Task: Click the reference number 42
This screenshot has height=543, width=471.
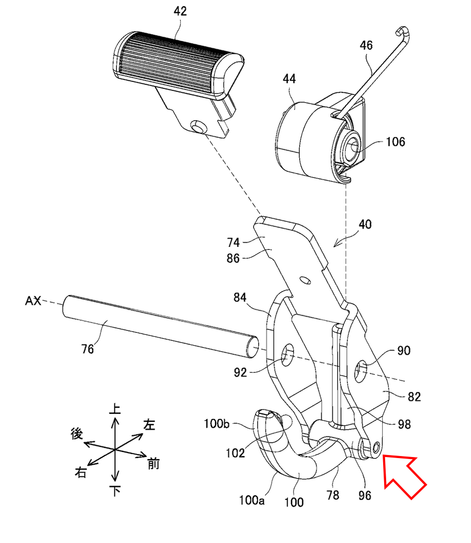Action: tap(180, 11)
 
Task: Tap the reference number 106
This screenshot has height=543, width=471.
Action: tap(395, 142)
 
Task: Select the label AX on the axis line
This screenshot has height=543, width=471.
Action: tap(33, 301)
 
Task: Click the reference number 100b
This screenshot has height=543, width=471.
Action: tap(216, 423)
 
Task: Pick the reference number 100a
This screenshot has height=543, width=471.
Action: tap(252, 500)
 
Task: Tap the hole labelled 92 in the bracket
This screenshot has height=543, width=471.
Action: tap(288, 355)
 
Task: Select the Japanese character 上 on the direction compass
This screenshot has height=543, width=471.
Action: tap(115, 409)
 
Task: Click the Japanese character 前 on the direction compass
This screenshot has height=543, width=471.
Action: tap(154, 464)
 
